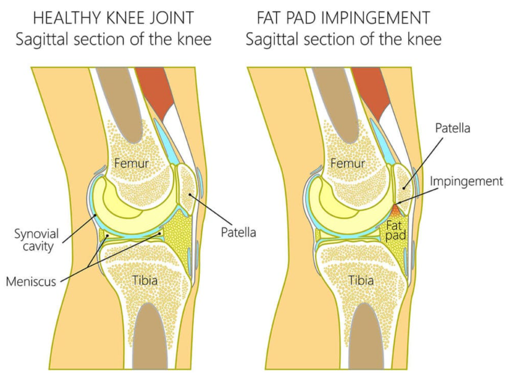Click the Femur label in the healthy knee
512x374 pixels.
click(131, 163)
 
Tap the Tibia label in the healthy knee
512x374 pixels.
click(144, 280)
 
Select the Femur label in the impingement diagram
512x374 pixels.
click(347, 163)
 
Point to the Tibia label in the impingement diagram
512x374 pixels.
click(361, 280)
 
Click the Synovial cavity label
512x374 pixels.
click(36, 240)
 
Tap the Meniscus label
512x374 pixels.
click(31, 281)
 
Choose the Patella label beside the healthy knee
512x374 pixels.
click(238, 232)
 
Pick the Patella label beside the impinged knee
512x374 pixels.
click(452, 128)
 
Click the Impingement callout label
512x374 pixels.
click(466, 181)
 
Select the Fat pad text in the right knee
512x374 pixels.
click(395, 230)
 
